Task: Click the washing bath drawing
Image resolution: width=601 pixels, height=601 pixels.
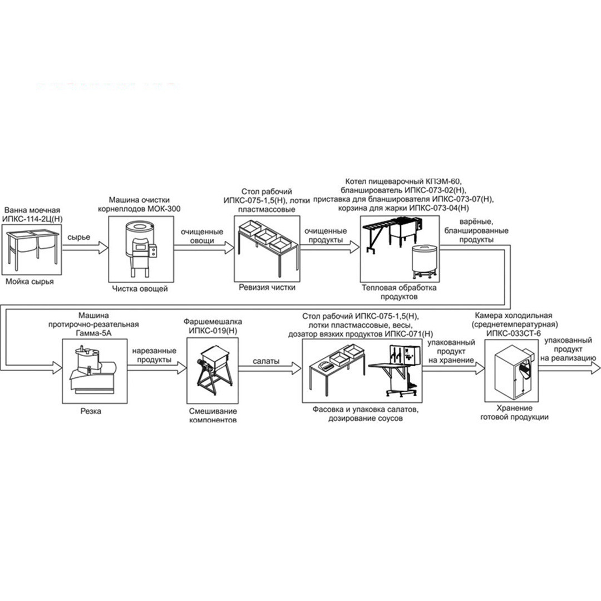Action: pyautogui.click(x=32, y=248)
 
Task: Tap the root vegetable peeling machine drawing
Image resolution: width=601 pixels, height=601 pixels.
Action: pyautogui.click(x=141, y=250)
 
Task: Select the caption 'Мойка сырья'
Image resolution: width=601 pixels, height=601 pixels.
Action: pyautogui.click(x=29, y=282)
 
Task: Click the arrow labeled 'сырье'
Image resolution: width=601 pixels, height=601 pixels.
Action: pyautogui.click(x=86, y=248)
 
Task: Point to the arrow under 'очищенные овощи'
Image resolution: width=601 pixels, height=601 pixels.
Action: pyautogui.click(x=204, y=248)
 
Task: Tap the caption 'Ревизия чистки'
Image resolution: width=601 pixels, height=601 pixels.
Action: pyautogui.click(x=267, y=287)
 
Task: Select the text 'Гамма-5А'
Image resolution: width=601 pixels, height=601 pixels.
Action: pyautogui.click(x=94, y=333)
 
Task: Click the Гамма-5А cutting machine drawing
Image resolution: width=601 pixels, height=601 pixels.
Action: pyautogui.click(x=93, y=370)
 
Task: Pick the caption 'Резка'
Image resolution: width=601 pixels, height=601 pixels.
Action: pyautogui.click(x=91, y=411)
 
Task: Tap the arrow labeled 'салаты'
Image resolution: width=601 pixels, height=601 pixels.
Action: pyautogui.click(x=270, y=368)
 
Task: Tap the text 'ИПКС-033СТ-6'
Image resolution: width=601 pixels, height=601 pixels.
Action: pyautogui.click(x=514, y=333)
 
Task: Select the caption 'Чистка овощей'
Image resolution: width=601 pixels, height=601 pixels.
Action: pyautogui.click(x=140, y=289)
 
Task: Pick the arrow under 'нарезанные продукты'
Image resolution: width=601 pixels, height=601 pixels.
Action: pyautogui.click(x=157, y=368)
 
